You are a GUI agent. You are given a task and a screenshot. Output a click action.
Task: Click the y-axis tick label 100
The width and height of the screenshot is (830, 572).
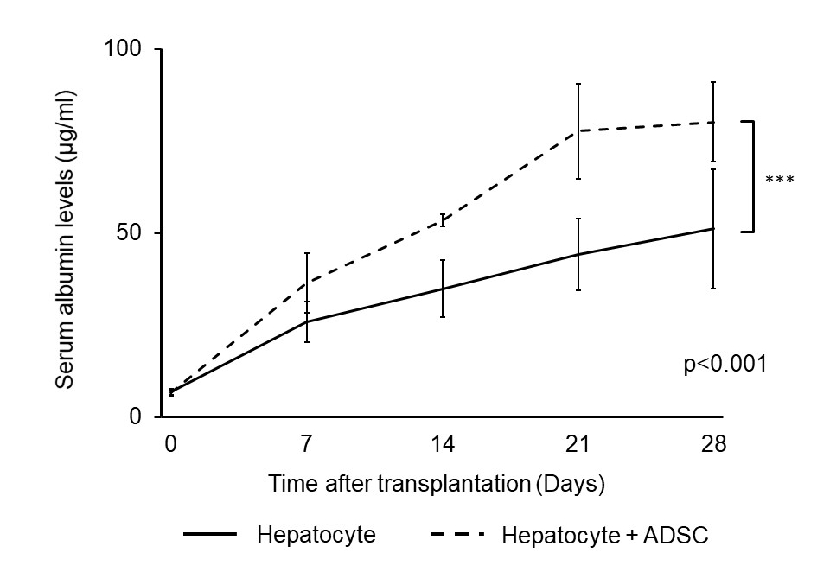(124, 49)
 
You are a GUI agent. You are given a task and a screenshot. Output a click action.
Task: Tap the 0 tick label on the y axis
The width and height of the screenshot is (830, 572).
(137, 416)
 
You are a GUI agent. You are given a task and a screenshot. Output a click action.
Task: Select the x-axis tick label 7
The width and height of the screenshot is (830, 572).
(307, 444)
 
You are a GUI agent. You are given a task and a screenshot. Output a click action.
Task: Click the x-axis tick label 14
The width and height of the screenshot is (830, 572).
(443, 444)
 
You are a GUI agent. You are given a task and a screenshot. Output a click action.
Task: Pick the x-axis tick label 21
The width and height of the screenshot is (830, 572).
(578, 444)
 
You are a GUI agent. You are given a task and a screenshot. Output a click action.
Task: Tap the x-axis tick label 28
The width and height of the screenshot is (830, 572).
(714, 444)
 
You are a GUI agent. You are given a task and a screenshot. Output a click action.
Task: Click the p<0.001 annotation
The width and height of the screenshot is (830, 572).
(725, 364)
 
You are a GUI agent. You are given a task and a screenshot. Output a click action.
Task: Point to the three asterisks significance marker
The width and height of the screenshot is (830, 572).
(779, 180)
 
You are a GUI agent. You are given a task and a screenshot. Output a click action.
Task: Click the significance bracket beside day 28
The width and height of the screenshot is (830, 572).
(753, 176)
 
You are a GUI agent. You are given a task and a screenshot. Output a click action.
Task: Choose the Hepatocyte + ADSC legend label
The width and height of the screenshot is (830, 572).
(604, 535)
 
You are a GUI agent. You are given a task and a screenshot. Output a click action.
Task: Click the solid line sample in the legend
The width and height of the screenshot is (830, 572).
(210, 535)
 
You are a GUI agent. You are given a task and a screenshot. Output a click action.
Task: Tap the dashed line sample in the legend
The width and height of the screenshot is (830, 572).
(456, 535)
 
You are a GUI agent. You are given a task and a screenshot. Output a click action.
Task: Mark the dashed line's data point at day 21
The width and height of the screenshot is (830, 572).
(578, 130)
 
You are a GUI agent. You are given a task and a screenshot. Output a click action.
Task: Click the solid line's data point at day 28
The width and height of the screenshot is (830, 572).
(714, 229)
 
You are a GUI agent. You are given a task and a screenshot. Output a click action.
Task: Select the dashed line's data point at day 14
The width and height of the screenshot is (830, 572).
(443, 219)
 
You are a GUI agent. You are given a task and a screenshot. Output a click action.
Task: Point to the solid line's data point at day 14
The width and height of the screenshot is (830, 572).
(443, 289)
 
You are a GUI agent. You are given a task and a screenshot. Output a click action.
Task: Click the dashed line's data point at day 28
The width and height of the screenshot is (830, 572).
(714, 122)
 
